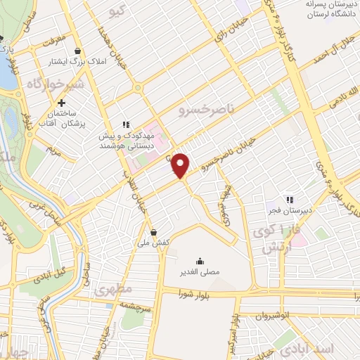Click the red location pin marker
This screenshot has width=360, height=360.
181,166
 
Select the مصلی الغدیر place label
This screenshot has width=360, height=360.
200,270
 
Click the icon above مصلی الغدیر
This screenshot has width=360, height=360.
200,259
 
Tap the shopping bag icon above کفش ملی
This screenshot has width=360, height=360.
155,232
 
